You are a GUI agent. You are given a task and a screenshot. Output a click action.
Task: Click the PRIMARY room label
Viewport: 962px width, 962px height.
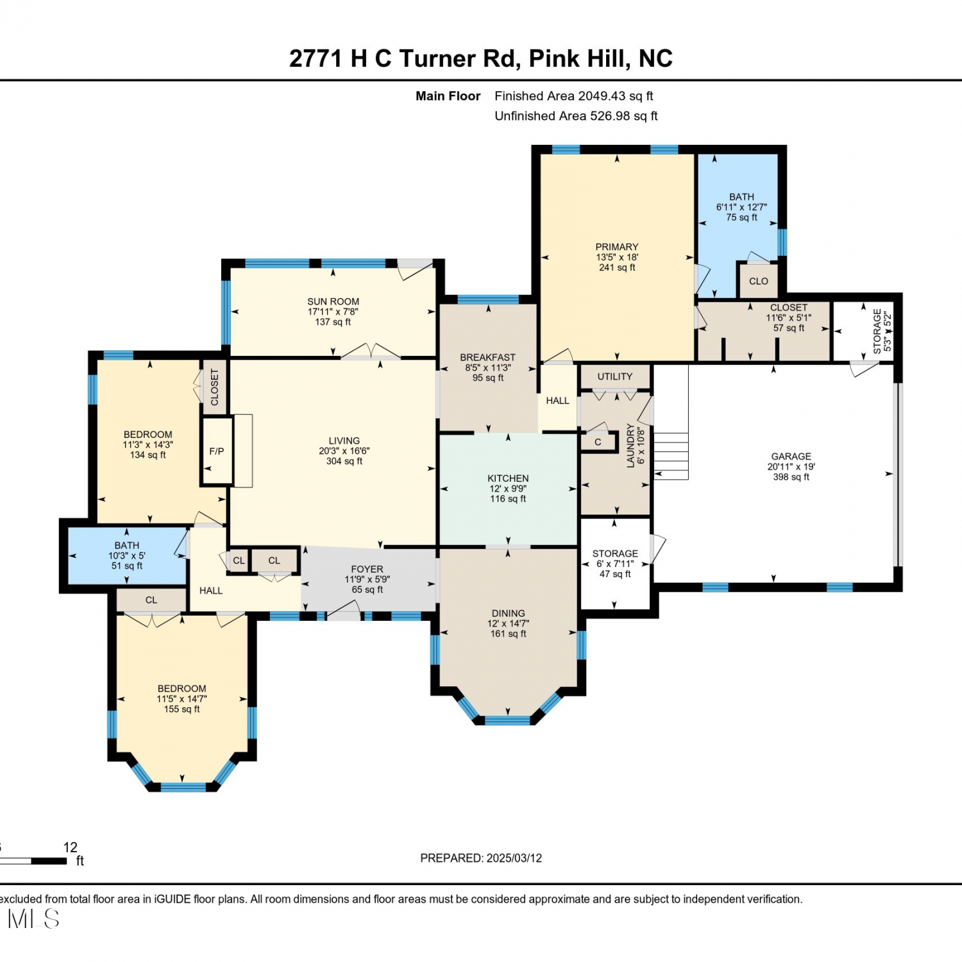[x=617, y=247]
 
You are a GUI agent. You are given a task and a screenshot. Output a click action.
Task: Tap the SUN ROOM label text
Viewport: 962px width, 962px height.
[x=333, y=301]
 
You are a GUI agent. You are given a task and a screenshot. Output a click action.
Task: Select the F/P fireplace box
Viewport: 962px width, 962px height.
[x=217, y=451]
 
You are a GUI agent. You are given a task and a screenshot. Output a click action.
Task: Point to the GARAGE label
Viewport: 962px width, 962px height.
[x=791, y=456]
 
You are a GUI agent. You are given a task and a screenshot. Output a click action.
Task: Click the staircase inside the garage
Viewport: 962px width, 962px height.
[x=671, y=455]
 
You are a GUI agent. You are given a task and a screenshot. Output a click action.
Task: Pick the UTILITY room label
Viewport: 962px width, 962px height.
[x=615, y=376]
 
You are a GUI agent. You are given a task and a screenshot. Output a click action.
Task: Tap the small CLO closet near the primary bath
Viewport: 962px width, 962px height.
[x=759, y=281]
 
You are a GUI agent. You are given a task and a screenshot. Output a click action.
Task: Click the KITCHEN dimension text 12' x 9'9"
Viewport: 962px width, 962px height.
[x=508, y=489]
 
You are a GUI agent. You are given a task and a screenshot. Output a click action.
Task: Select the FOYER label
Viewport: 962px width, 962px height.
[x=367, y=569]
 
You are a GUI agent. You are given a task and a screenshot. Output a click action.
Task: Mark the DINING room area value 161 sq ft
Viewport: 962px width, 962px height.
[x=509, y=634]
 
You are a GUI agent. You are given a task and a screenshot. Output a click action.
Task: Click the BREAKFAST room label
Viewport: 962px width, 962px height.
[x=487, y=357]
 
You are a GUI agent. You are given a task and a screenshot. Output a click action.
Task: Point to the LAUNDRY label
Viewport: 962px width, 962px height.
[x=630, y=445]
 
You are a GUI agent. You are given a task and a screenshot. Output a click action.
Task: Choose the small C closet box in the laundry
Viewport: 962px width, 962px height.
[x=598, y=442]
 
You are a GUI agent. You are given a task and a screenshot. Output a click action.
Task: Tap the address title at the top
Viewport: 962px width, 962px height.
[x=481, y=58]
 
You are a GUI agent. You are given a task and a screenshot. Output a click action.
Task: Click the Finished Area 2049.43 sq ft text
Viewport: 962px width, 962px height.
[x=574, y=96]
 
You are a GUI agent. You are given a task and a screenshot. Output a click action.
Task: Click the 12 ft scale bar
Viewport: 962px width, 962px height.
[x=33, y=861]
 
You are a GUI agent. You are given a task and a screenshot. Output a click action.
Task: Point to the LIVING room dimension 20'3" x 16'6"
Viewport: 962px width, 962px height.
[x=344, y=451]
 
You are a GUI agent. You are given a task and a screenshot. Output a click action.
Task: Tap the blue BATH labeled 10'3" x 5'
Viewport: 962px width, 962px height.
[x=127, y=555]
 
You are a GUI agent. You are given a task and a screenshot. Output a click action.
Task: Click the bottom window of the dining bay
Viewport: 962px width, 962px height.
[x=507, y=720]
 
